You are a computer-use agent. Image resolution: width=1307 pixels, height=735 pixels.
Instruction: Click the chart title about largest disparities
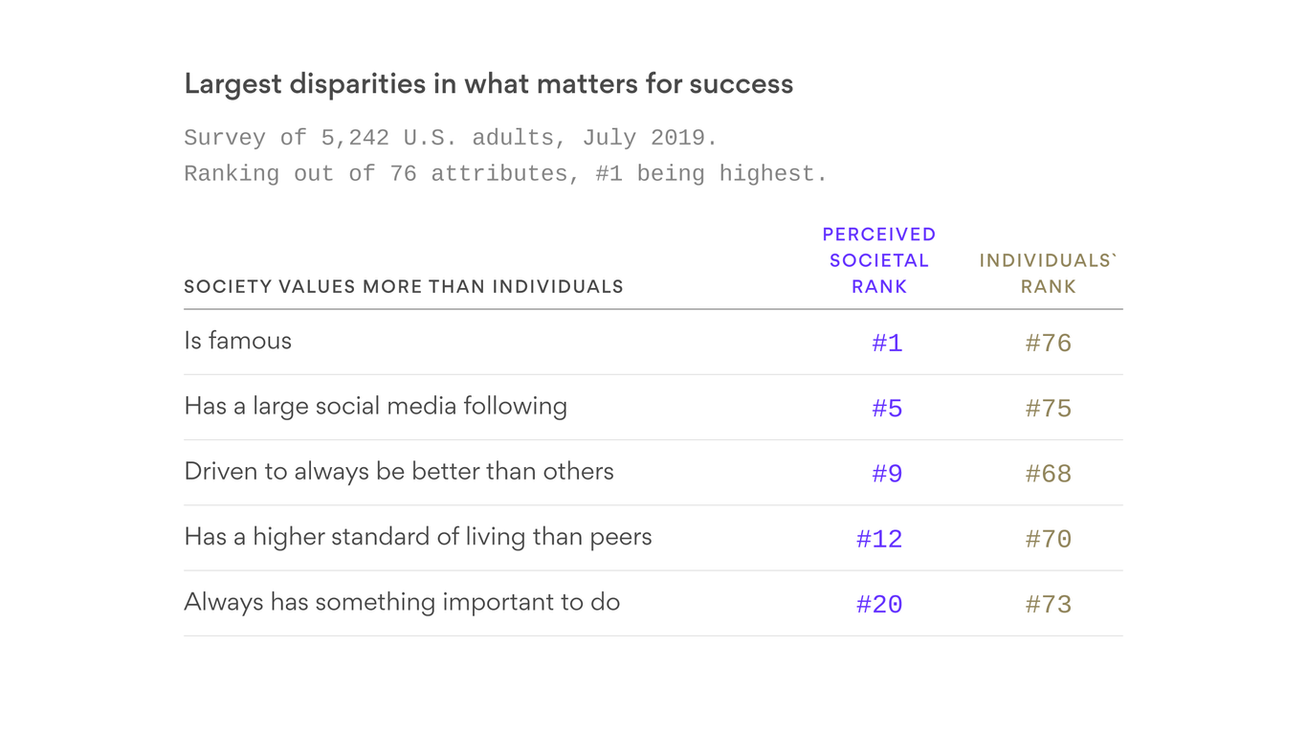488,84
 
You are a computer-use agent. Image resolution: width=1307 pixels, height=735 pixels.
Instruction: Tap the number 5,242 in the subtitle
355,138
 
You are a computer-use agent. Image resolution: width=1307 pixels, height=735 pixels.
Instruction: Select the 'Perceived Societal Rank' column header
878,260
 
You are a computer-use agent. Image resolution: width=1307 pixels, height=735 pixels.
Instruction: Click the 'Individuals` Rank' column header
1048,274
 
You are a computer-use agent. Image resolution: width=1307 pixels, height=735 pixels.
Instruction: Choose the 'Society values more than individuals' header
403,287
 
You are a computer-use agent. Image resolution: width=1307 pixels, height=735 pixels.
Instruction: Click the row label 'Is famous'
237,341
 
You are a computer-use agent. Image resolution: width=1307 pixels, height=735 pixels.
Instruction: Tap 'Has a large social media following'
375,406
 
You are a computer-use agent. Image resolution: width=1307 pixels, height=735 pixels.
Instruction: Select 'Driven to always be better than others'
398,471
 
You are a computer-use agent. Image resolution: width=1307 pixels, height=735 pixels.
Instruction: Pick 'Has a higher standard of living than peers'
417,537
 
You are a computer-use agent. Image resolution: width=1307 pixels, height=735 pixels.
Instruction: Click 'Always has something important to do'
402,602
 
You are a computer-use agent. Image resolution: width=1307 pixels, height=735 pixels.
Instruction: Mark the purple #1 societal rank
887,344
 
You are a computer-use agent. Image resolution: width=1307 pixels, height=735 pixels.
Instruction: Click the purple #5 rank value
887,409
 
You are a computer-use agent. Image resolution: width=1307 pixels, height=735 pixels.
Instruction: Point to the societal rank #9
887,474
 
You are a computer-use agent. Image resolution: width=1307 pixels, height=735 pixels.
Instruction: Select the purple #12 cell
879,539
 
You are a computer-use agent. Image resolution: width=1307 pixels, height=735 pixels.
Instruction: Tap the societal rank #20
879,604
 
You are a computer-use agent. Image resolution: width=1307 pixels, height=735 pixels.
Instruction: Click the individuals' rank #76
1048,344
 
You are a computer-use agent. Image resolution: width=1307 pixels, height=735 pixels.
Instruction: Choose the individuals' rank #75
1048,409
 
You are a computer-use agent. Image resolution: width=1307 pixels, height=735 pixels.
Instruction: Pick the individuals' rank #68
1048,474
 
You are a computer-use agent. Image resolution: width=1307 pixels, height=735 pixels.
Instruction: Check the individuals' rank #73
1048,604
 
